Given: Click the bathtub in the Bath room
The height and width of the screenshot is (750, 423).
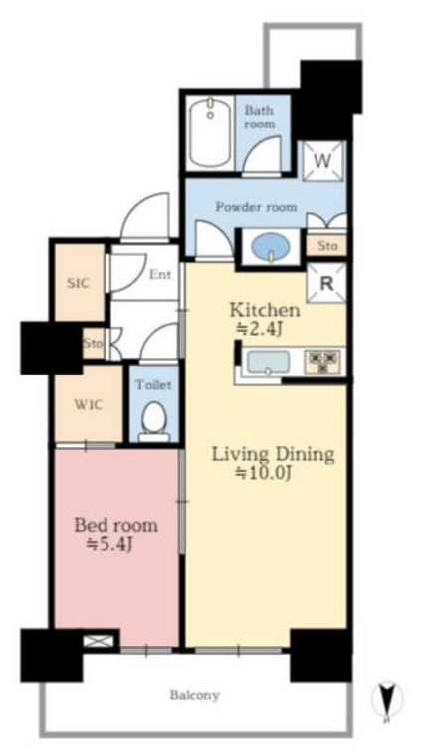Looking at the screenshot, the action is [x=210, y=132].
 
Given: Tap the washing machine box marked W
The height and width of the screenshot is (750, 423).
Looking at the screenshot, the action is [x=323, y=161].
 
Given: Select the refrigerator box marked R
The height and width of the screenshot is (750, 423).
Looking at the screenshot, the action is [x=326, y=284].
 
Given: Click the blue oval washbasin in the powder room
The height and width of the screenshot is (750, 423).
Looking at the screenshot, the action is [x=271, y=246].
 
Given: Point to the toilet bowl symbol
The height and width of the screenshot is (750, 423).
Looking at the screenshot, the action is [x=153, y=420].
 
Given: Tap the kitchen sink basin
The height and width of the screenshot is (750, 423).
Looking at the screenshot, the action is [x=268, y=363].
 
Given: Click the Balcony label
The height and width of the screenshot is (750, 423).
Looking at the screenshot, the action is [x=194, y=695].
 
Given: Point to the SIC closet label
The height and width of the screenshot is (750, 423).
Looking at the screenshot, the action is [x=78, y=283].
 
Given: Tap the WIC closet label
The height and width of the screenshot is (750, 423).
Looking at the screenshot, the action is [x=88, y=405].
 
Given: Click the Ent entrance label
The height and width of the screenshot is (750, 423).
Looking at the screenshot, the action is [x=160, y=275].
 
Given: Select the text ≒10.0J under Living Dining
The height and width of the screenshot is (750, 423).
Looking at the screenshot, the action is [x=264, y=473].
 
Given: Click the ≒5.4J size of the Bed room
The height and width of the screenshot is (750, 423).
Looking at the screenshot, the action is [x=108, y=545].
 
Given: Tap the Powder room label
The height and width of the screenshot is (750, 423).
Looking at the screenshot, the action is [x=256, y=207].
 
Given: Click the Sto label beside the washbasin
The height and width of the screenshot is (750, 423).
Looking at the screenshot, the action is [x=327, y=246].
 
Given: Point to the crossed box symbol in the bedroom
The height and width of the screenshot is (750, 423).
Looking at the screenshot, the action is [x=99, y=641].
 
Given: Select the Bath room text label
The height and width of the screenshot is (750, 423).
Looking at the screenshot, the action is [x=260, y=118].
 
